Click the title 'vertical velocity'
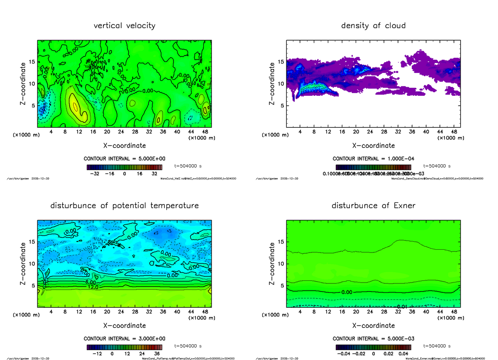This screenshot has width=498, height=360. [124, 26]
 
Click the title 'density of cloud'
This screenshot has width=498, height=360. [373, 26]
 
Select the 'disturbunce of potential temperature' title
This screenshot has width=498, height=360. [124, 206]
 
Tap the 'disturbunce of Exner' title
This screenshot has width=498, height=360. [373, 206]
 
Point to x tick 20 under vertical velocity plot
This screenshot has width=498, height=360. [107, 132]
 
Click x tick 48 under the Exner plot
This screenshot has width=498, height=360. [454, 312]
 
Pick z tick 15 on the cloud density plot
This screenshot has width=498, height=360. [281, 62]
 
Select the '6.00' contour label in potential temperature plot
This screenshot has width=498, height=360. [91, 282]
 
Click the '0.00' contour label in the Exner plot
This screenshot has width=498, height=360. [347, 292]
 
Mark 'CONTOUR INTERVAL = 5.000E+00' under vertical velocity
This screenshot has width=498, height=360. [124, 159]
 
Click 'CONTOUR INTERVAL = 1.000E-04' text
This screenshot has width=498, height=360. [373, 159]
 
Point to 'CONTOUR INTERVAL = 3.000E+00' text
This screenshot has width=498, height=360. [124, 339]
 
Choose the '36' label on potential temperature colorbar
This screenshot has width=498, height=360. [157, 354]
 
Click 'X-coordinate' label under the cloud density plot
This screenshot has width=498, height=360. [373, 146]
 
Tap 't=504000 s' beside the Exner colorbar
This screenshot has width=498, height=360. [437, 345]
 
